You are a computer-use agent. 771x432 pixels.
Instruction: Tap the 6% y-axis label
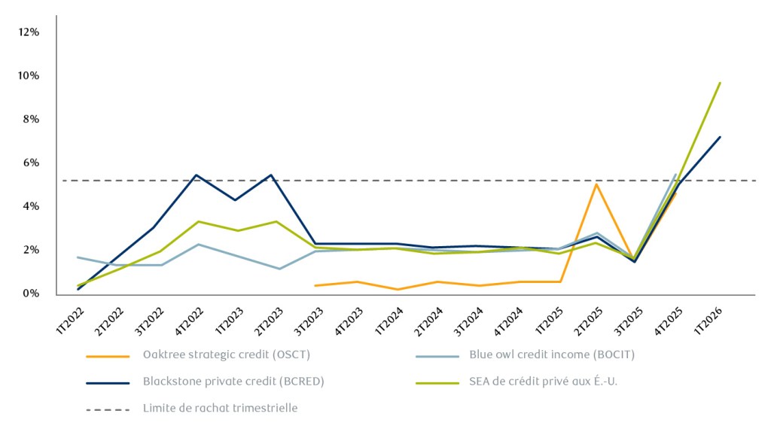pyautogui.click(x=31, y=163)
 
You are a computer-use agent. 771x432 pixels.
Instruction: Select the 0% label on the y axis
pyautogui.click(x=31, y=293)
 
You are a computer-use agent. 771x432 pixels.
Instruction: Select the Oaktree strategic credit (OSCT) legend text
pyautogui.click(x=226, y=354)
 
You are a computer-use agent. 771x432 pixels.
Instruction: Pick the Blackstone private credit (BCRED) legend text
pyautogui.click(x=233, y=382)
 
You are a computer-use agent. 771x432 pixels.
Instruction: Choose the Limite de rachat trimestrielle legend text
pyautogui.click(x=220, y=409)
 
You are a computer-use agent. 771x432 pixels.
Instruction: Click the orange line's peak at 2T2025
pyautogui.click(x=597, y=184)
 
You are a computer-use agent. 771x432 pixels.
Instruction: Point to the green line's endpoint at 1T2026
pyautogui.click(x=721, y=82)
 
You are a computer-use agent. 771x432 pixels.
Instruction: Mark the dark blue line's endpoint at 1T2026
pyautogui.click(x=721, y=136)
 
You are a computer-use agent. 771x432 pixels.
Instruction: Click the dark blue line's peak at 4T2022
pyautogui.click(x=196, y=175)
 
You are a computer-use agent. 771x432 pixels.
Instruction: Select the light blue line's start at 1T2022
pyautogui.click(x=78, y=257)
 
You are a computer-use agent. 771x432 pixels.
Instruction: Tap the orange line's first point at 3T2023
pyautogui.click(x=315, y=285)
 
